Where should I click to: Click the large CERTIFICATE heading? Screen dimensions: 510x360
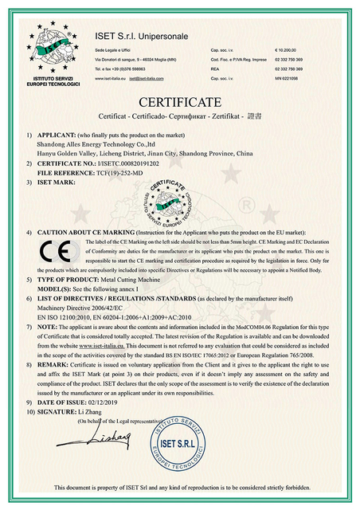[x=180, y=102]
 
